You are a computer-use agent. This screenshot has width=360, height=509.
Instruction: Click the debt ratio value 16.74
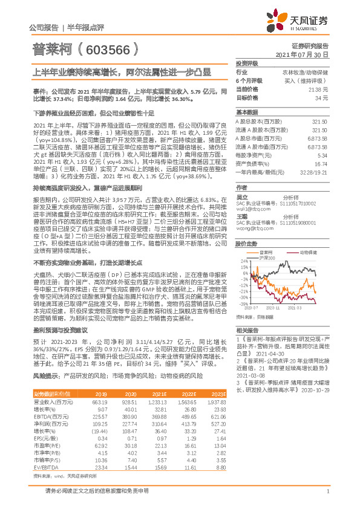[x=321, y=163]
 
